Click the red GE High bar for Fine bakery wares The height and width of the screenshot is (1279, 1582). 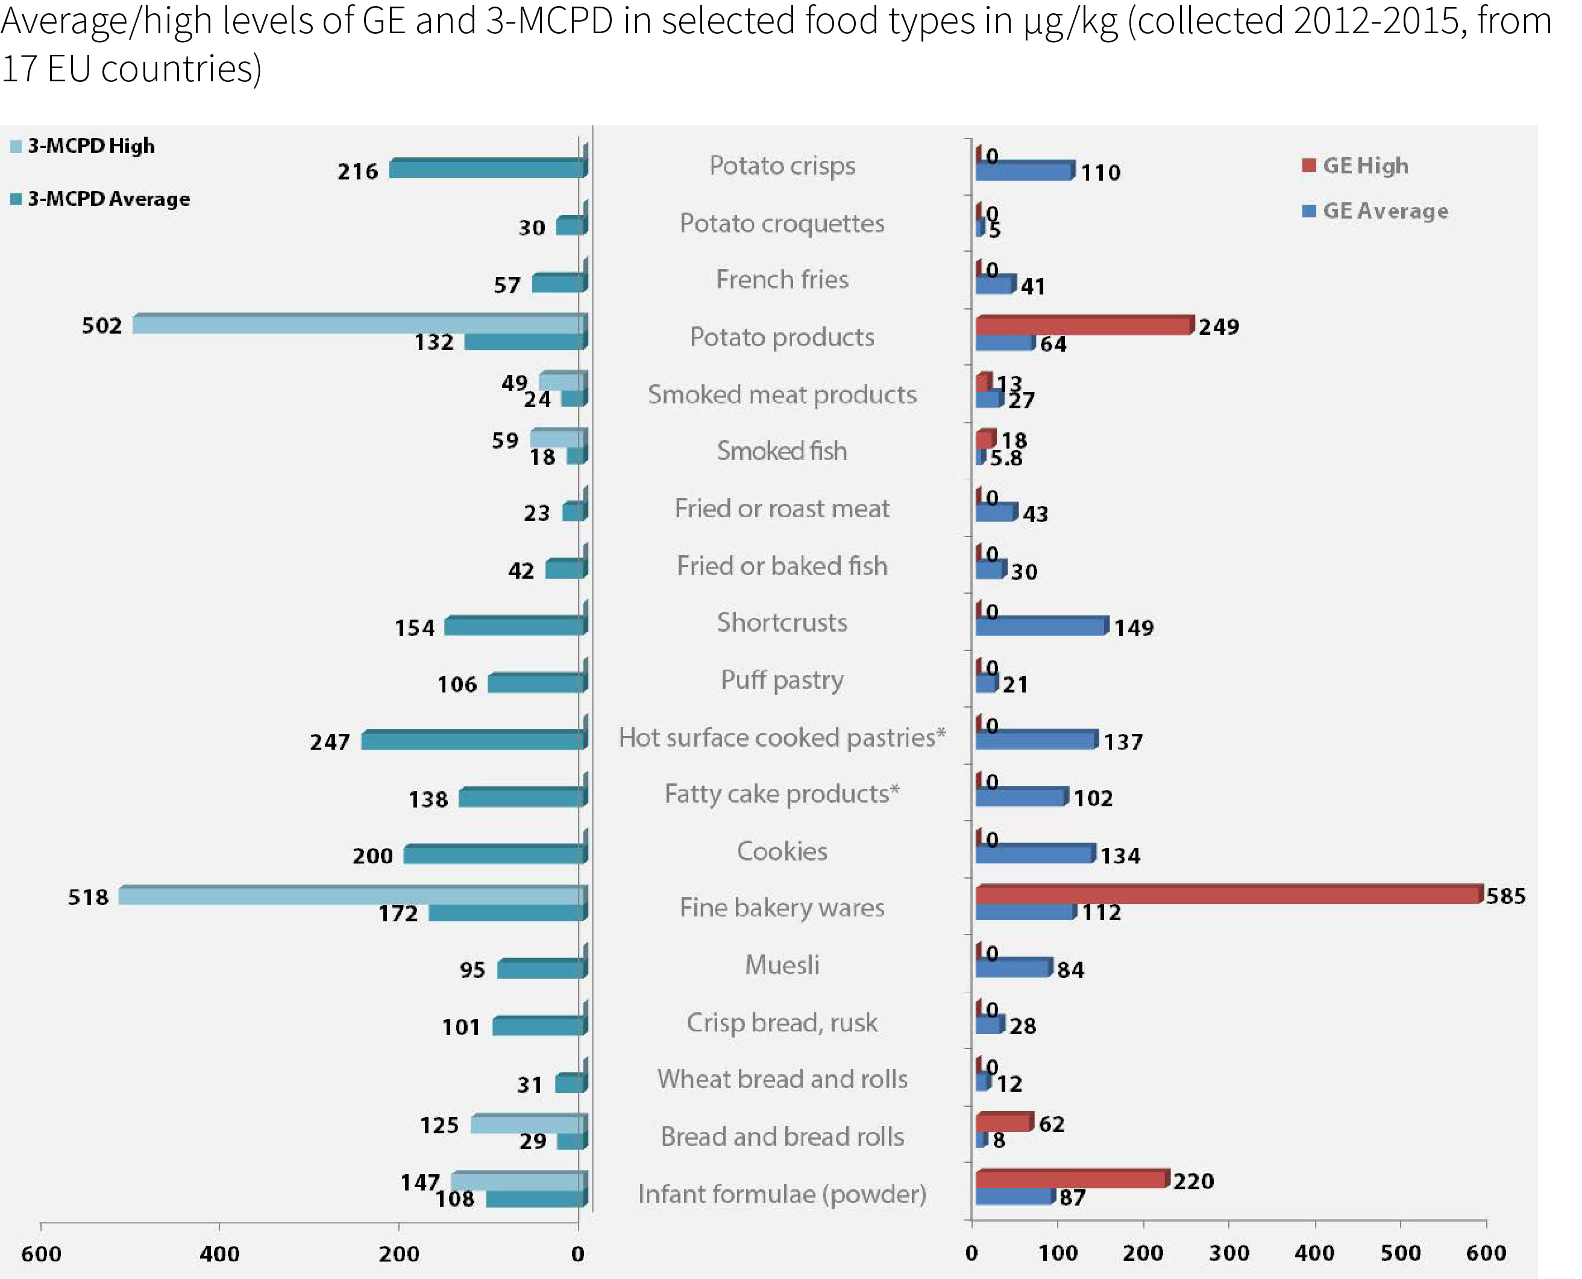pos(1228,894)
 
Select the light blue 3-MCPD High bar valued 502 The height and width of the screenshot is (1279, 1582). pos(357,324)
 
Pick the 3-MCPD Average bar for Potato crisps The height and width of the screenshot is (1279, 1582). pos(486,169)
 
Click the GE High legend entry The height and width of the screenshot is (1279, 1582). pos(1357,166)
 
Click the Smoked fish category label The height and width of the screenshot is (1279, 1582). pos(782,451)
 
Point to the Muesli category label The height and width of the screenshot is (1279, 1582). pos(782,965)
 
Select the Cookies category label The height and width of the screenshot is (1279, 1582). pos(782,851)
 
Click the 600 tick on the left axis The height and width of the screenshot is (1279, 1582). pos(40,1253)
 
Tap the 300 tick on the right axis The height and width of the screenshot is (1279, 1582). pos(1229,1253)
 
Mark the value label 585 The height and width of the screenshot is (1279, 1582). pos(1505,896)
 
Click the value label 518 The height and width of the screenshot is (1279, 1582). pos(89,897)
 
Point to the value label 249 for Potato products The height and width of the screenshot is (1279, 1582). pos(1219,326)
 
